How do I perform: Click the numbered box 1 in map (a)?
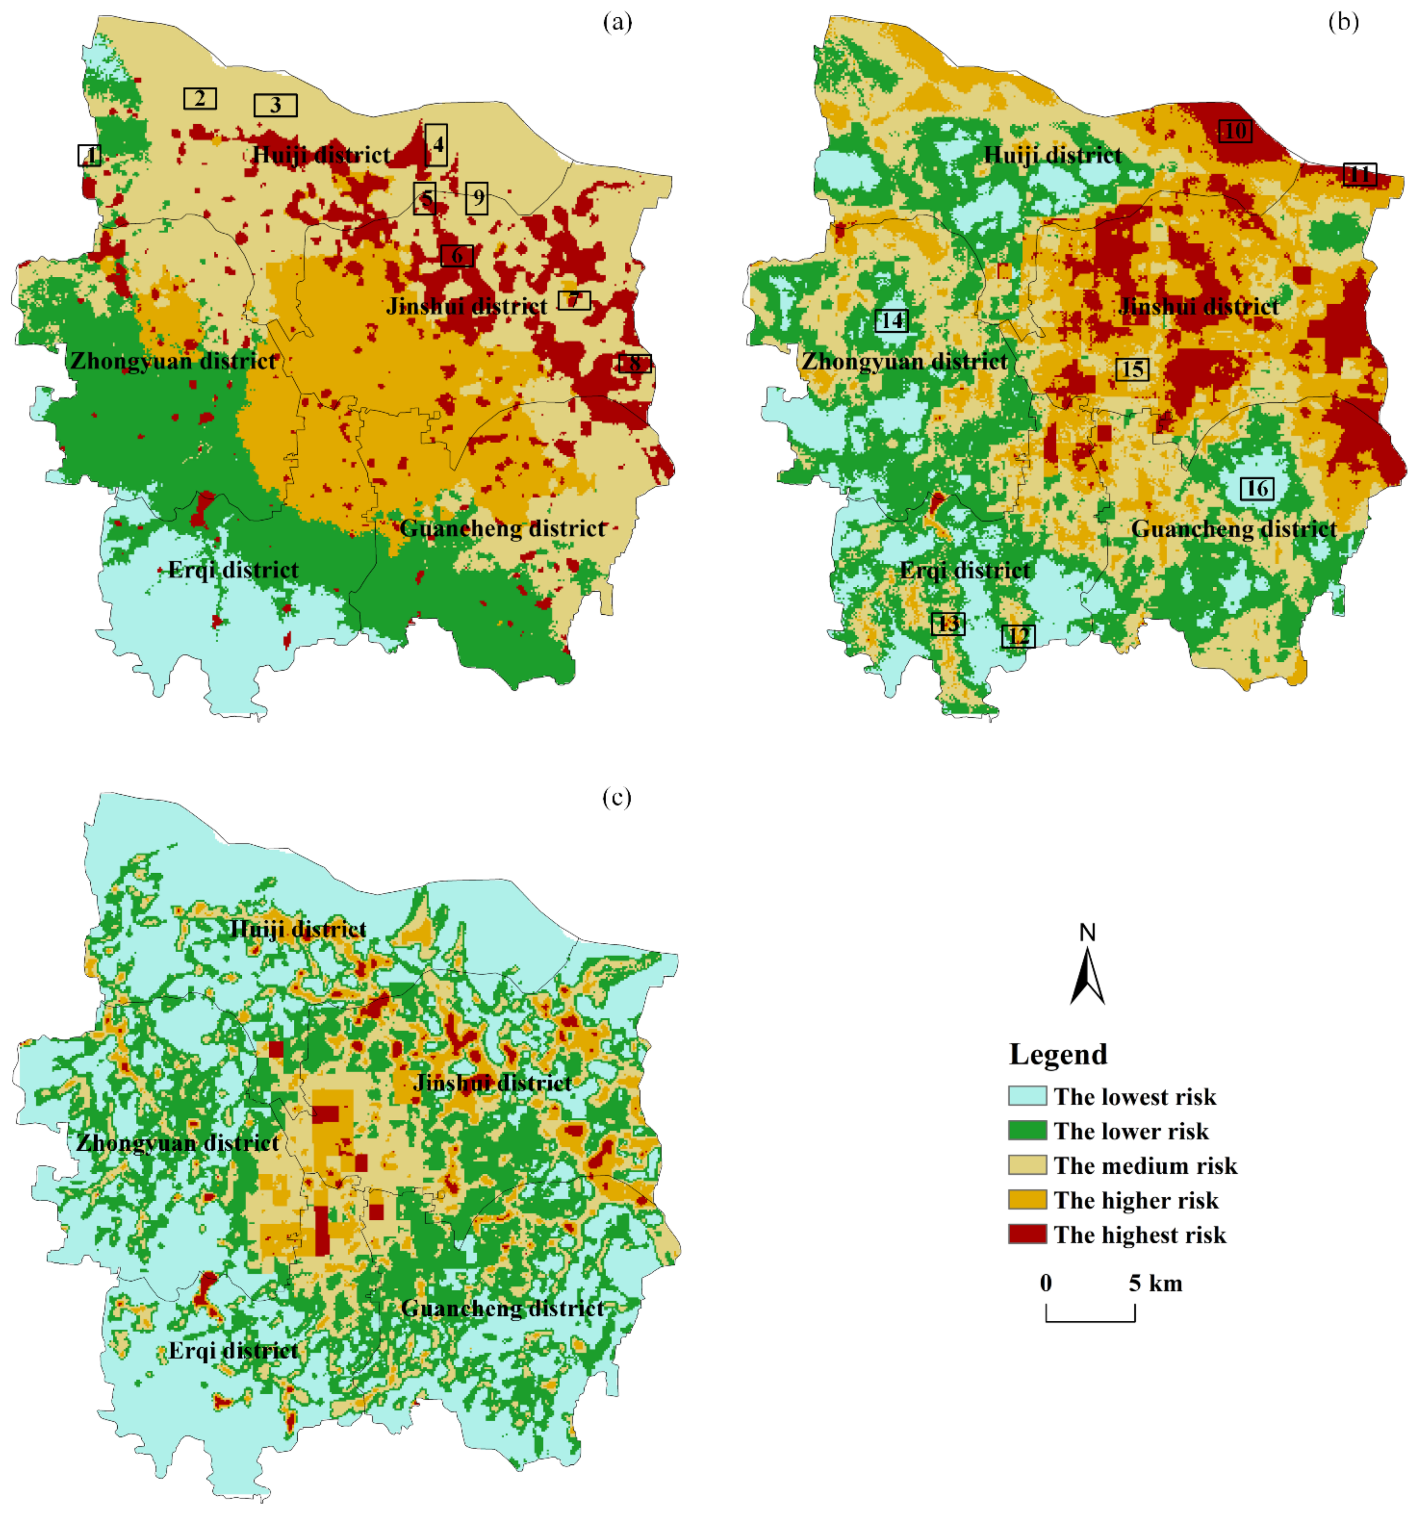click(89, 155)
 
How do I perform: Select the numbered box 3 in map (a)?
click(276, 105)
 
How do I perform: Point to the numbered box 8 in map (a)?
click(635, 363)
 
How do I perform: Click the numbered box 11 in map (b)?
click(1359, 174)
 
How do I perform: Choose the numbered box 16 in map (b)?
click(1257, 488)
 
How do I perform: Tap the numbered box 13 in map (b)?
click(948, 624)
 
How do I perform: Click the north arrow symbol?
click(1088, 968)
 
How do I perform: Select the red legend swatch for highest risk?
click(1027, 1235)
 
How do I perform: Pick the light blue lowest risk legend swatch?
click(1027, 1096)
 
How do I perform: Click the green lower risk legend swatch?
click(1027, 1131)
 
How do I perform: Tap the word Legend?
click(1058, 1055)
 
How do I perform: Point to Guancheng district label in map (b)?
click(1234, 529)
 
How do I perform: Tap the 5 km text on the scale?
click(1155, 1283)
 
